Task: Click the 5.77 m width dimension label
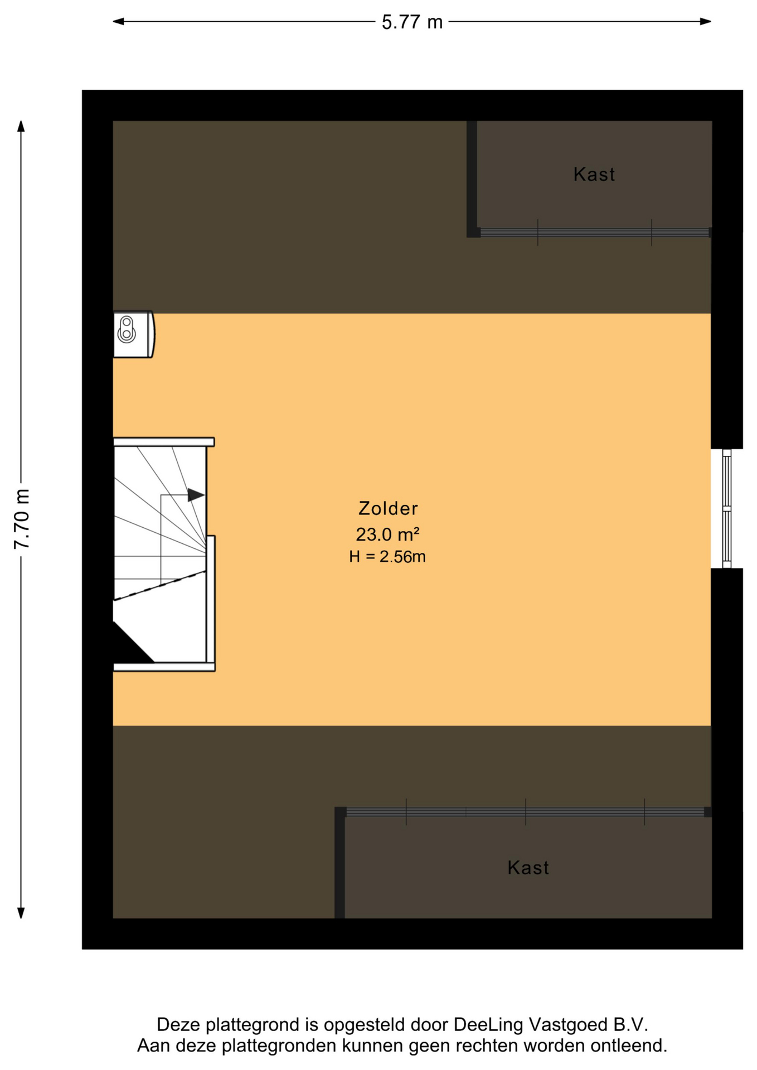(412, 22)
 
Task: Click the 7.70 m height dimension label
(22, 519)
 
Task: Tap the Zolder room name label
(388, 508)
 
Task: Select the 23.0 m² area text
(387, 534)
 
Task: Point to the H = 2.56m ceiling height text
(387, 557)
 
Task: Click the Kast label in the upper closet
(594, 174)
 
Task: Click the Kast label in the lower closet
(528, 868)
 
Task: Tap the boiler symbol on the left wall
(134, 334)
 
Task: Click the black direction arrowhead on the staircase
(196, 495)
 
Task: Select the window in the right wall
(726, 509)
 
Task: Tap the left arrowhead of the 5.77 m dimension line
(118, 22)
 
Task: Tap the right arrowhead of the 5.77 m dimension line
(706, 22)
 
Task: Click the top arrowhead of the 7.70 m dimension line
(21, 127)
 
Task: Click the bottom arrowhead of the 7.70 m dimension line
(21, 912)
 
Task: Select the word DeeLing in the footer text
(488, 1025)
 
